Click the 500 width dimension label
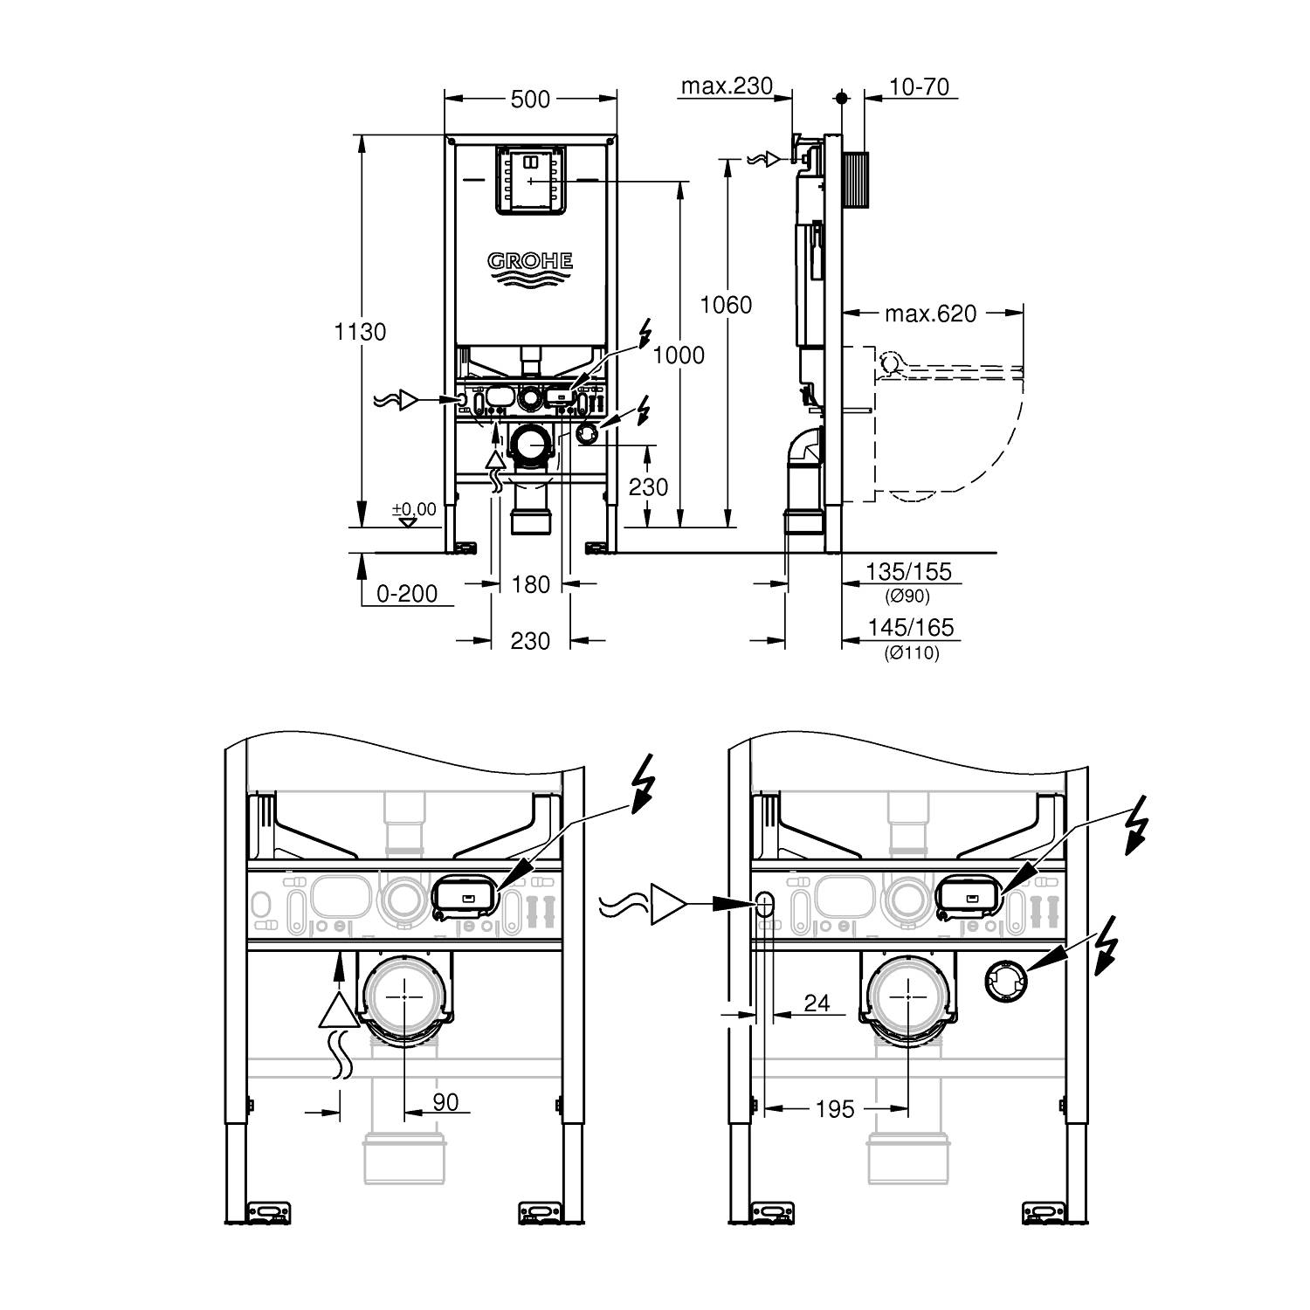coord(530,100)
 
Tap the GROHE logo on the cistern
coord(530,261)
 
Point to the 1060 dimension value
coord(727,305)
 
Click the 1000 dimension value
coord(679,354)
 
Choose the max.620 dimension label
coord(930,314)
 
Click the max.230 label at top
coord(727,86)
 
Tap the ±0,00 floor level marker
coord(413,509)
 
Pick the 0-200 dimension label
coord(406,594)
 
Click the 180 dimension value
coord(530,584)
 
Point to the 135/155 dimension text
coord(908,572)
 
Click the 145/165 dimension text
coord(910,628)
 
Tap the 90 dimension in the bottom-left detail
coord(445,1102)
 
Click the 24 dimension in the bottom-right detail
coord(816,1003)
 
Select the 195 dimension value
coord(834,1108)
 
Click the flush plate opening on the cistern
coord(530,179)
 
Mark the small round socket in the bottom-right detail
coord(1007,982)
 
